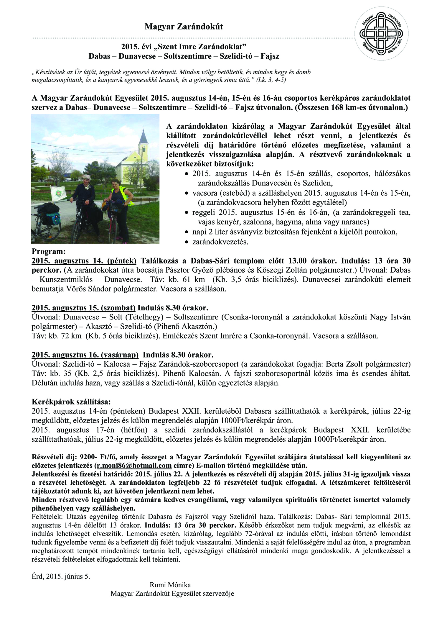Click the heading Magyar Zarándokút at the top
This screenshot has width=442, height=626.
[184, 27]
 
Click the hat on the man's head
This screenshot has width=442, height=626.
[86, 177]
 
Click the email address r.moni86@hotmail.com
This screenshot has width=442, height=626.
[134, 466]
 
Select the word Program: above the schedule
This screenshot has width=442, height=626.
[48, 252]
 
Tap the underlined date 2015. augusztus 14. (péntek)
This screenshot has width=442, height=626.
[84, 261]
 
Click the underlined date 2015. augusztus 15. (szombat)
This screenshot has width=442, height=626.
[83, 308]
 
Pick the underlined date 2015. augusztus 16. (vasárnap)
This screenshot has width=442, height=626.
[85, 354]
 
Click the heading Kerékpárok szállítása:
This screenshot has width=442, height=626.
[71, 402]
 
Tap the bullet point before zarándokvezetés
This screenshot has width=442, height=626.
[186, 242]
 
